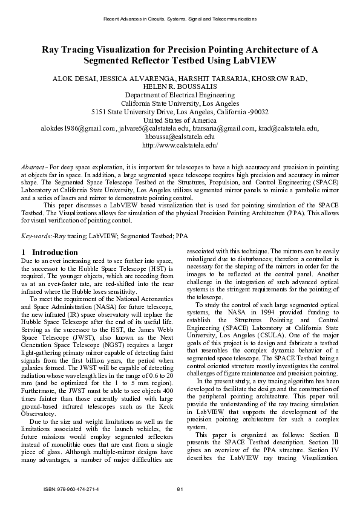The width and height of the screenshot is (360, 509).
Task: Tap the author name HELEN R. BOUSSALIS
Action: click(180, 86)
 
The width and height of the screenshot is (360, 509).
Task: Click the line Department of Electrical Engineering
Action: click(180, 95)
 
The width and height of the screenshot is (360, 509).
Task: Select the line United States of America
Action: click(180, 120)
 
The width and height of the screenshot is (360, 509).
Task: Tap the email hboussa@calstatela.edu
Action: click(180, 137)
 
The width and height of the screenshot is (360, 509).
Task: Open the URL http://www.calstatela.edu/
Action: click(180, 146)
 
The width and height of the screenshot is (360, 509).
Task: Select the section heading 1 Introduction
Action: click(49, 251)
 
